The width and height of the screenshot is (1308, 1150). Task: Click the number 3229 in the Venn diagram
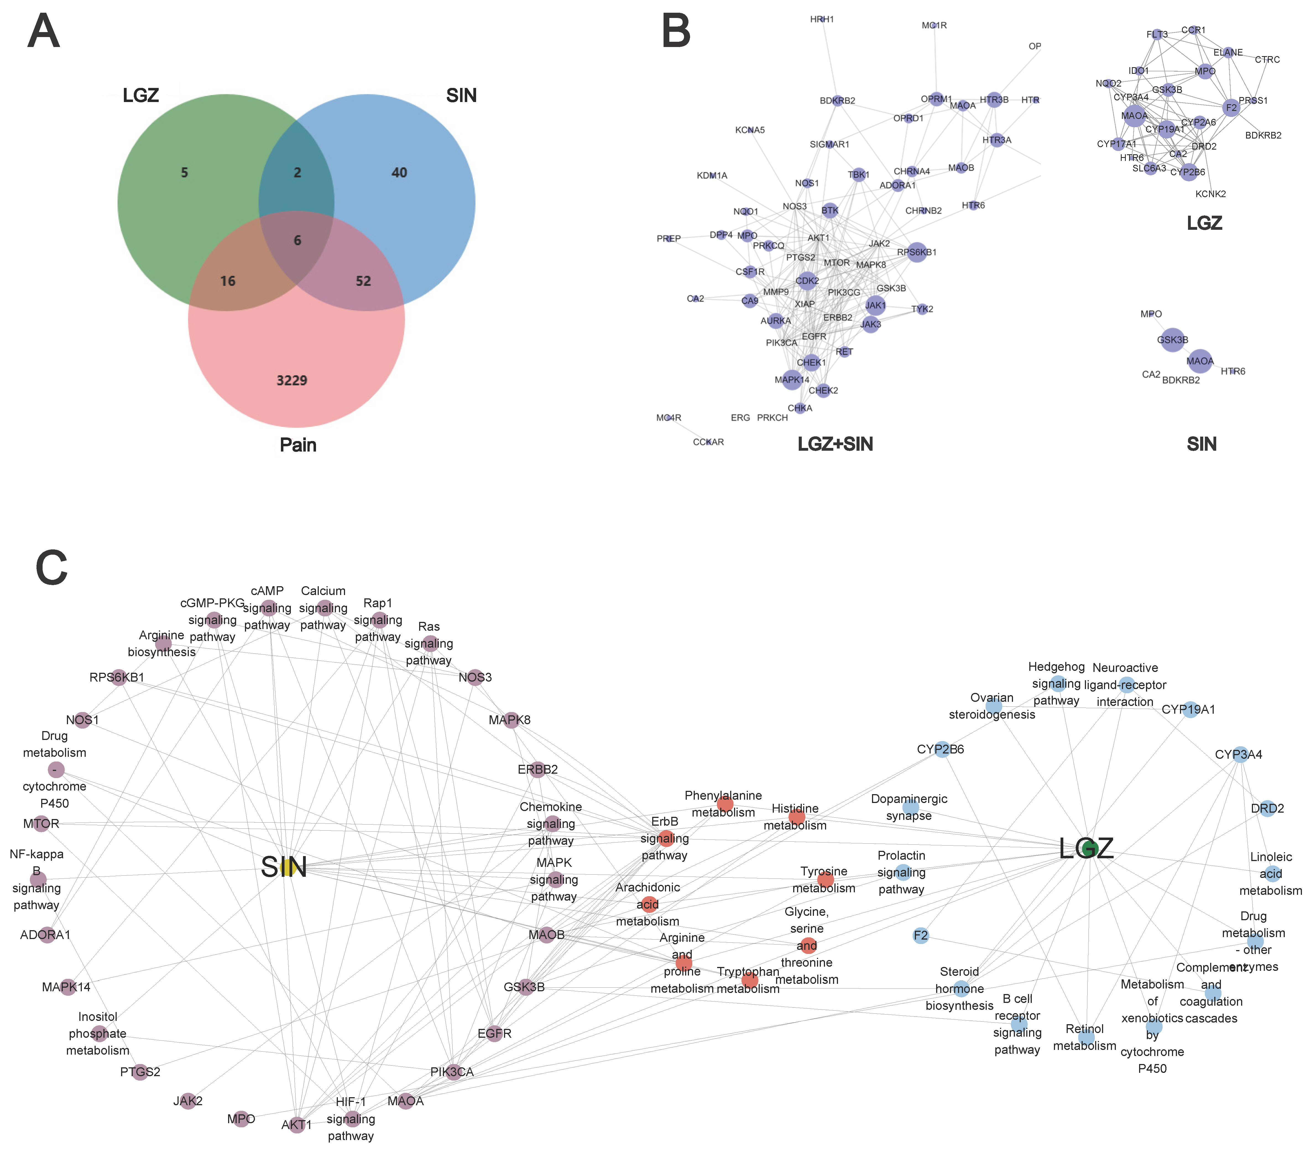pos(292,381)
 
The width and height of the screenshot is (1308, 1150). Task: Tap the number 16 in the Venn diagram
pos(228,281)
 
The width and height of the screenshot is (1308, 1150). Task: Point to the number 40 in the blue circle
pos(399,173)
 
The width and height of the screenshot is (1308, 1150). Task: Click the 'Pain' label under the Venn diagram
pos(298,445)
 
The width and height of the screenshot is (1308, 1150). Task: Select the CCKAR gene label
pos(708,442)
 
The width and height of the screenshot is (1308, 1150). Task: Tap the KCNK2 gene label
pos(1211,194)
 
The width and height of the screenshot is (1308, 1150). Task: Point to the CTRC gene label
pos(1267,59)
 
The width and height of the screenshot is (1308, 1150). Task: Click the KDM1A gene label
pos(712,175)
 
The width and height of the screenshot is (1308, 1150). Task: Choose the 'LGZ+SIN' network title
pos(835,444)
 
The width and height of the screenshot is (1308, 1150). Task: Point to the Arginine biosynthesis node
pos(163,643)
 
